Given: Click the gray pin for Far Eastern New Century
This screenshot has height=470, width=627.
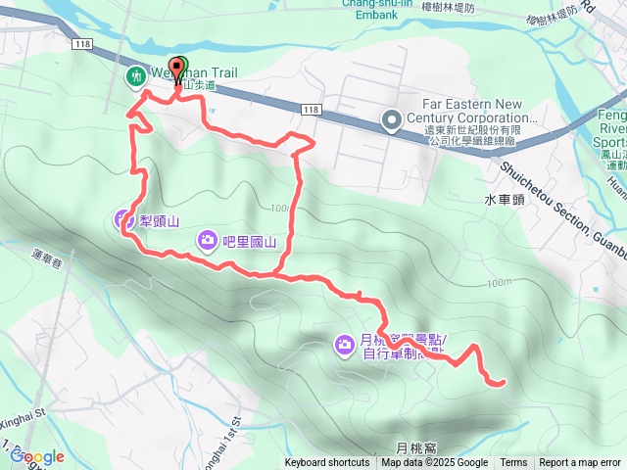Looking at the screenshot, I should [x=391, y=120].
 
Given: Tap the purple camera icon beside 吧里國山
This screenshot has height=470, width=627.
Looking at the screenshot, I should [x=208, y=239].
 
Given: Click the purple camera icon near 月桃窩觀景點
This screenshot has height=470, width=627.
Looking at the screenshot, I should [x=344, y=344].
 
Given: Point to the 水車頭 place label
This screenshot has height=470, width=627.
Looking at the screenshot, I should [x=506, y=199].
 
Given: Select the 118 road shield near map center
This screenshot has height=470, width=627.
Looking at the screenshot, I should [x=311, y=109].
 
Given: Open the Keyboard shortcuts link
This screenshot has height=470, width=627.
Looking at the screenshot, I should [x=327, y=463].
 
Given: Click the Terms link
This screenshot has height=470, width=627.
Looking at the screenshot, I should [x=513, y=463].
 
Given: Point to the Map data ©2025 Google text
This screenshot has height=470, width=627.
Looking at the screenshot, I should [x=434, y=463].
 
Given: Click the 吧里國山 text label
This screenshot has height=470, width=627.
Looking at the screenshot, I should [x=251, y=240].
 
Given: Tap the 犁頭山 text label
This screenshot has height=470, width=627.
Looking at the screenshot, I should [x=158, y=220].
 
